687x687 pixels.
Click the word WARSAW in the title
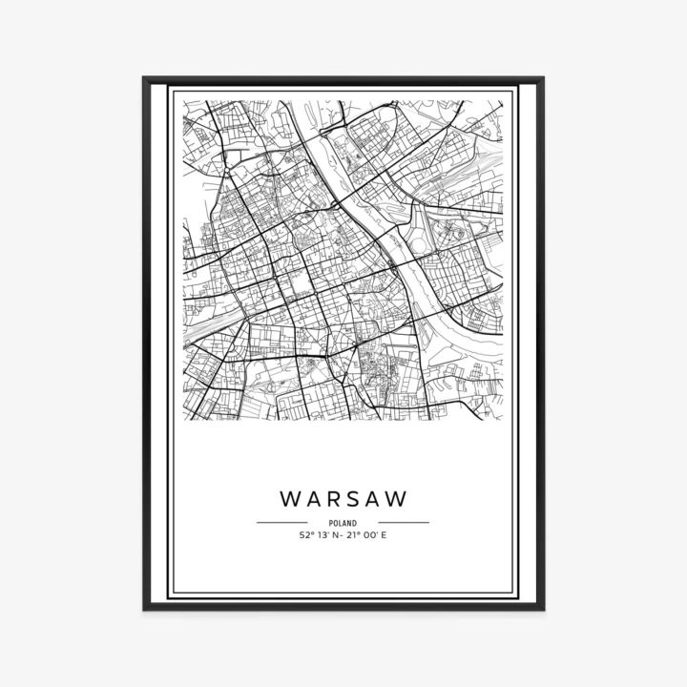[x=343, y=499]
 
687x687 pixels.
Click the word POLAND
[x=343, y=523]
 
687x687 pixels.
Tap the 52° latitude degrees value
[x=305, y=535]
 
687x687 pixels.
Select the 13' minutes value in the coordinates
[x=323, y=535]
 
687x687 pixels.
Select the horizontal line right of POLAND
[x=404, y=523]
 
